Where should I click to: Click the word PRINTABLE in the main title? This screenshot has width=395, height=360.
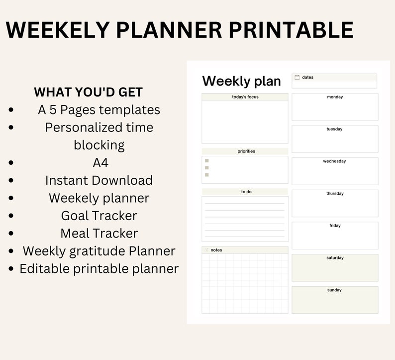tap(291, 30)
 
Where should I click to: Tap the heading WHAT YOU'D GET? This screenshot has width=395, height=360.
tap(88, 92)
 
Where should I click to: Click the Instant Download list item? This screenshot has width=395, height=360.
tap(99, 180)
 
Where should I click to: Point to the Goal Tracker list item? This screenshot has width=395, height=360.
tap(99, 216)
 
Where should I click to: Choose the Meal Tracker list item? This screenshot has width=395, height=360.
tap(99, 233)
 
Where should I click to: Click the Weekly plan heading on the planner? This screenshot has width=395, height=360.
tap(241, 81)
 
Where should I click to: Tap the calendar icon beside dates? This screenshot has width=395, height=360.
tap(297, 77)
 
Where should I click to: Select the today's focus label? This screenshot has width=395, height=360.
tap(245, 97)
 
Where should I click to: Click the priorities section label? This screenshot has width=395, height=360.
tap(246, 151)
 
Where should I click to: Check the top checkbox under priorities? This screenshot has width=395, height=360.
tap(207, 161)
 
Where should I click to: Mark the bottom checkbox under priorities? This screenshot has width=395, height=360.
tap(207, 175)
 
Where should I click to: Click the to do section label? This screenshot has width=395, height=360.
tap(246, 192)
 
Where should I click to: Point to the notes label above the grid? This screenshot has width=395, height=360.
tap(216, 250)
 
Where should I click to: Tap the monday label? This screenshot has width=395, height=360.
tap(335, 97)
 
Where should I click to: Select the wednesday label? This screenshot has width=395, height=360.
tap(334, 161)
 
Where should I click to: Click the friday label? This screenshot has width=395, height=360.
tap(335, 226)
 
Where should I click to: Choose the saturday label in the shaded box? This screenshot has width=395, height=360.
tap(335, 258)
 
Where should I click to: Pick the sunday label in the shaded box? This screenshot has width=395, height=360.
tap(334, 290)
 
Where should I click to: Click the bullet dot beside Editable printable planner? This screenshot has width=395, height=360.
tap(11, 269)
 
